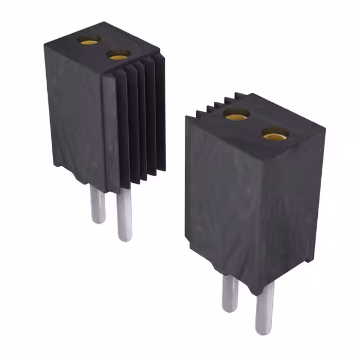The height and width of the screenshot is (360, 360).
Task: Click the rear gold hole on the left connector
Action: (x=89, y=39)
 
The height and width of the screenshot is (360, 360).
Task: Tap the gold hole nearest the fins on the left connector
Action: (x=119, y=55)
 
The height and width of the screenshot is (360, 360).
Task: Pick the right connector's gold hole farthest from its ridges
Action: (x=274, y=134)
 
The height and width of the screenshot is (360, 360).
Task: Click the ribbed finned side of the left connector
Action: (x=141, y=124)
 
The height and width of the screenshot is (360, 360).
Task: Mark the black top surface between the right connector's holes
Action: (x=255, y=124)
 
